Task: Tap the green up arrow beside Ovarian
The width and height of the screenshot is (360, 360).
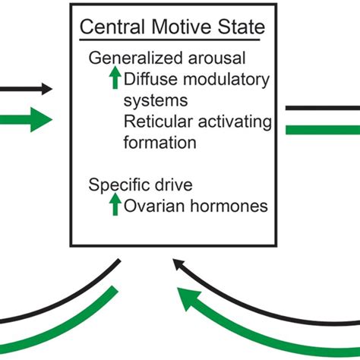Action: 115,204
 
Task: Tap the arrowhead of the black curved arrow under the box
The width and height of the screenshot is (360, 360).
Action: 178,265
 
